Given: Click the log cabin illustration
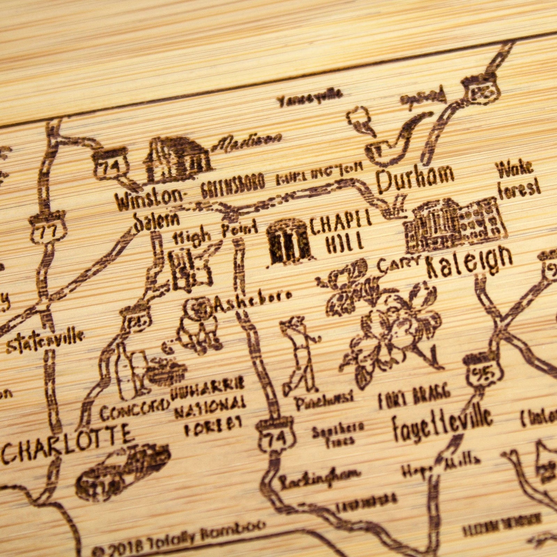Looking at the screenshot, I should click(179, 158).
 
